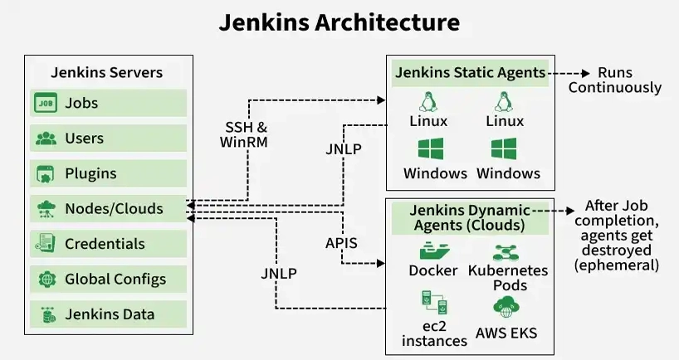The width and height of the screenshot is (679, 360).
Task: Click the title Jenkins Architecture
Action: (339, 22)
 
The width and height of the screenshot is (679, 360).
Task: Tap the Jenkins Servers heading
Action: (107, 72)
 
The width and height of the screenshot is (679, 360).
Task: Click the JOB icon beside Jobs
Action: (46, 103)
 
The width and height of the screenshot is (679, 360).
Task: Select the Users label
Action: (84, 139)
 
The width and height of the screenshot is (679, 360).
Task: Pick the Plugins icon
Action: (46, 174)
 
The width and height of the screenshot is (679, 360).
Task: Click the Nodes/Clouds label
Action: (114, 209)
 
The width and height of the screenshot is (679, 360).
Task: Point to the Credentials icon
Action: (46, 244)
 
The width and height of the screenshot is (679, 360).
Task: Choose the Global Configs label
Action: (115, 279)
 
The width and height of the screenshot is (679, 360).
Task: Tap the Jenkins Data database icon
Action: (46, 314)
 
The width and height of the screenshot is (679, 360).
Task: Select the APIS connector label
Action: (340, 243)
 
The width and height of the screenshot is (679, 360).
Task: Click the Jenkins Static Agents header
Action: (470, 72)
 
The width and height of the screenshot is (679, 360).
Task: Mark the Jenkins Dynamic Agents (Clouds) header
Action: (470, 217)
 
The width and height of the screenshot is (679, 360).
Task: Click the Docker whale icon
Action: (433, 251)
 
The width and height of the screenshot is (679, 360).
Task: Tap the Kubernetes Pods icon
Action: (508, 251)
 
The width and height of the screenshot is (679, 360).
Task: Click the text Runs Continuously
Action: (615, 80)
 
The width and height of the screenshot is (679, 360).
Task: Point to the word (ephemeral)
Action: (616, 265)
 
